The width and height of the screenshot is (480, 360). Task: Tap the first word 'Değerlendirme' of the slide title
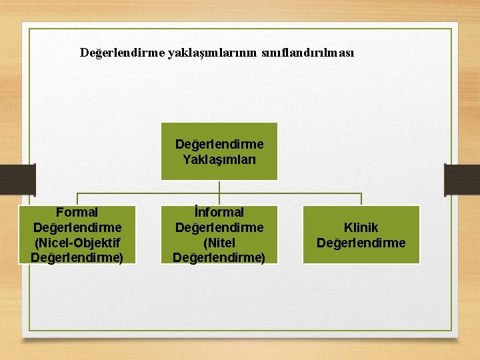[123, 52]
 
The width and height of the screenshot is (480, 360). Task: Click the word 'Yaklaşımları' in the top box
[219, 159]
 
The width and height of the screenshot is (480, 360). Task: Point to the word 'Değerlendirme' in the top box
[219, 145]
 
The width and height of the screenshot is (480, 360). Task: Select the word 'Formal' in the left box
[77, 213]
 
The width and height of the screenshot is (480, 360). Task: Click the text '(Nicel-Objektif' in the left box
[77, 242]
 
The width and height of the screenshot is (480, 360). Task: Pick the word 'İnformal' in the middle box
[219, 213]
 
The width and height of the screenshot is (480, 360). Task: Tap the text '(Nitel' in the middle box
[219, 242]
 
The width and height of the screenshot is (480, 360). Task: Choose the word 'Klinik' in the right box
[361, 228]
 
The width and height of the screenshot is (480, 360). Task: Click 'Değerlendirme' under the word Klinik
[361, 243]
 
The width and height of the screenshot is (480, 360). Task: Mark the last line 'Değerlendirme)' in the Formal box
[77, 257]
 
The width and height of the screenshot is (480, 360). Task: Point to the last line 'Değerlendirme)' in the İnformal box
[219, 257]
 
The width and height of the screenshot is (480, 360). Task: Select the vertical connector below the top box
[219, 187]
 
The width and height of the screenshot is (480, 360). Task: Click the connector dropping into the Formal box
[77, 199]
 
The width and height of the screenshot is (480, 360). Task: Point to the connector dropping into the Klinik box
[361, 199]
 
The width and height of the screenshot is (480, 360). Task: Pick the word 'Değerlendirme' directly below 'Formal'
[77, 227]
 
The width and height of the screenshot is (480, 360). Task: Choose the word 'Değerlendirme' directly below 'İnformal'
[219, 227]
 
